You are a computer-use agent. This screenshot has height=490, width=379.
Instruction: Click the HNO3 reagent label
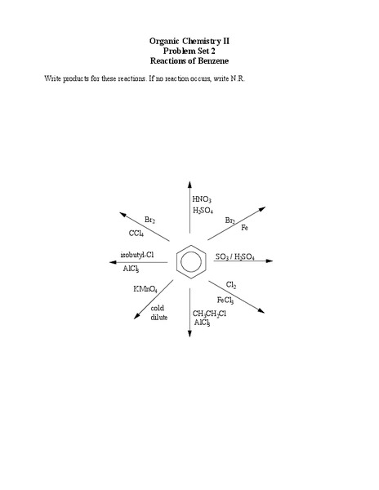click(x=202, y=199)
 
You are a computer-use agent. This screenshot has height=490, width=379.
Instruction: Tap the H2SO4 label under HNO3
click(x=203, y=211)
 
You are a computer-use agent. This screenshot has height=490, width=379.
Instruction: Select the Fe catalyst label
click(x=244, y=228)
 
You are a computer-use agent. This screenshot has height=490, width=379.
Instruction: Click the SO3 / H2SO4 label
click(x=234, y=257)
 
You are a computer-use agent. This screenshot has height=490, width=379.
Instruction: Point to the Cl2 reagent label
click(x=231, y=285)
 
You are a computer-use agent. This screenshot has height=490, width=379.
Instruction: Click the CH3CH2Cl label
click(x=210, y=314)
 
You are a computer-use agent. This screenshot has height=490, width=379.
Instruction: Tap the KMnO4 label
click(x=145, y=289)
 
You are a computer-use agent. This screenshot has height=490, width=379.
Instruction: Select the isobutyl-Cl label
click(x=136, y=254)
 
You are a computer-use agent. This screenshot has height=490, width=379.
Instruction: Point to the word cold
click(x=158, y=307)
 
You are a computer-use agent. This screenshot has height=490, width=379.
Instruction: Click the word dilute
click(x=158, y=317)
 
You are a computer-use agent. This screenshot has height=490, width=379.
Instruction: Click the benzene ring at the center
click(x=189, y=261)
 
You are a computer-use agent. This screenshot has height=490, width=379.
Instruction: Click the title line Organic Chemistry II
click(x=189, y=40)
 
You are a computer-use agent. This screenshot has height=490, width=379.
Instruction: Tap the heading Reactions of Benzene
click(x=189, y=60)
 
